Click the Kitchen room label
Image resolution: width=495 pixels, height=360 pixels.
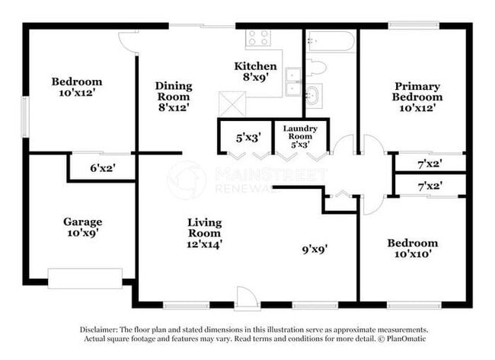(255, 66)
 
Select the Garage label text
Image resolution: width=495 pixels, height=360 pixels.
(82, 222)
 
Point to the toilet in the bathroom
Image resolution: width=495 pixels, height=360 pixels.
(317, 68)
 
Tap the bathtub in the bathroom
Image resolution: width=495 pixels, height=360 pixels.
(330, 41)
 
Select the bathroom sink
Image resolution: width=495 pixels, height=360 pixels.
(313, 96)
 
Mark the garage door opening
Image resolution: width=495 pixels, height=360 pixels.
(85, 278)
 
